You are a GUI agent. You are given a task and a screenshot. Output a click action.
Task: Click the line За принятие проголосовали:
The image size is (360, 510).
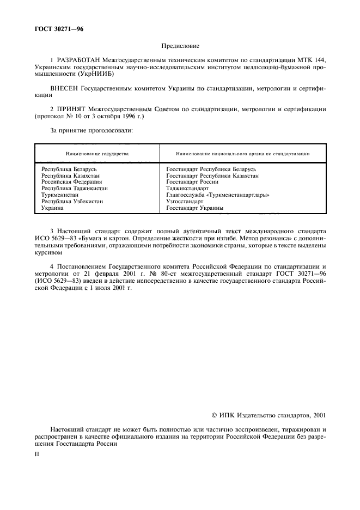[x=91, y=131]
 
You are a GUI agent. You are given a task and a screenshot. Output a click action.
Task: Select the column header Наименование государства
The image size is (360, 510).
[x=97, y=154]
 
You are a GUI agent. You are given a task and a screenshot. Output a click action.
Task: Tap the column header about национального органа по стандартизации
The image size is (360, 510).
[x=242, y=154]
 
